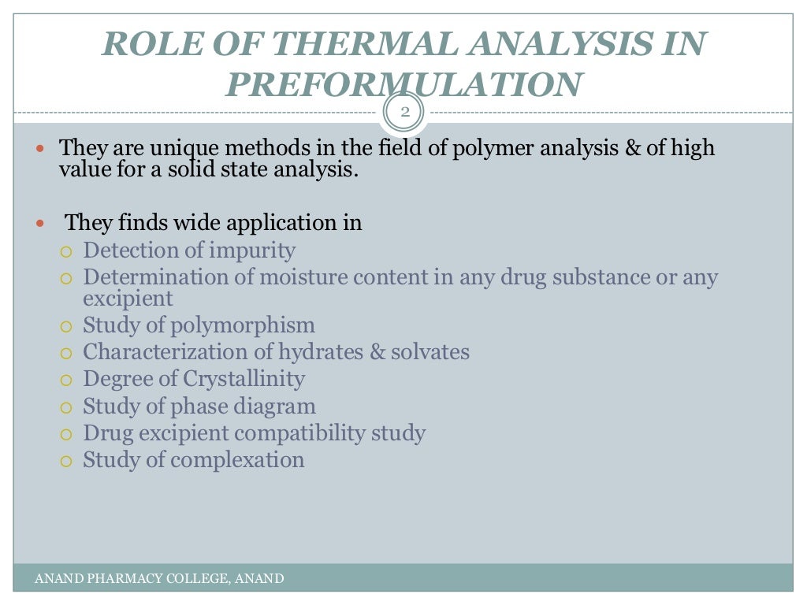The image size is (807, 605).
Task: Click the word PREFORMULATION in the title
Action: click(404, 84)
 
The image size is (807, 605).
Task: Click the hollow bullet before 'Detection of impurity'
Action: click(67, 252)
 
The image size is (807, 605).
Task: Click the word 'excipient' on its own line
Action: click(128, 299)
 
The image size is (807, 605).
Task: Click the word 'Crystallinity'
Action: click(244, 379)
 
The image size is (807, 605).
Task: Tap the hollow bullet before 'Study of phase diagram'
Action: click(67, 408)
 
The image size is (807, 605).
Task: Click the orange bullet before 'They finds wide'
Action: click(43, 224)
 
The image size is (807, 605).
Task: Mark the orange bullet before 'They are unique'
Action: click(43, 148)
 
